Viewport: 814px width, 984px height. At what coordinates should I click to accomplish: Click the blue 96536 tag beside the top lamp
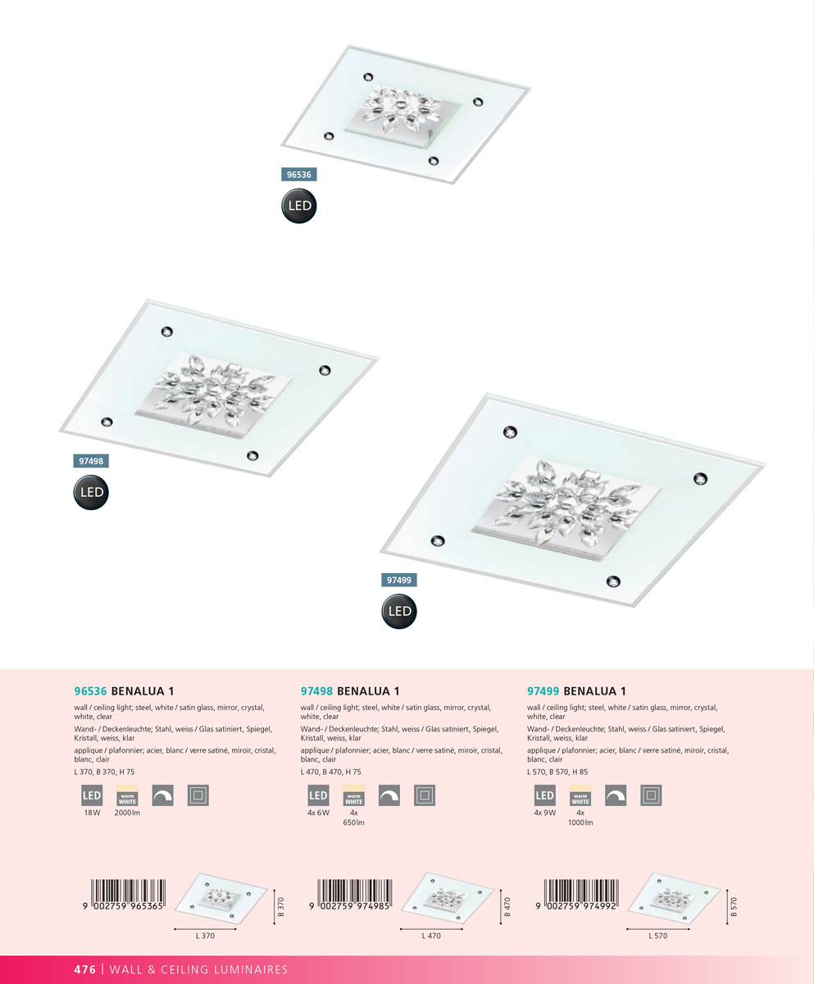(x=299, y=175)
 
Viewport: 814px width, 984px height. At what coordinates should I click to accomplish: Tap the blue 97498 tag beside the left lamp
(x=91, y=461)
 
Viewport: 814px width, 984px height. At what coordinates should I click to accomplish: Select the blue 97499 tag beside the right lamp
(x=399, y=580)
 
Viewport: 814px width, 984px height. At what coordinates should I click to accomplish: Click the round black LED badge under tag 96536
(x=299, y=206)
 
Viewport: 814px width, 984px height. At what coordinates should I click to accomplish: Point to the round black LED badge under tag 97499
(x=399, y=611)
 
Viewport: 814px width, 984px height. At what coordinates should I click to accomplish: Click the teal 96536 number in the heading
(x=90, y=691)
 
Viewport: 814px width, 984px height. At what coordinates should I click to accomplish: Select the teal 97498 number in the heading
(x=316, y=691)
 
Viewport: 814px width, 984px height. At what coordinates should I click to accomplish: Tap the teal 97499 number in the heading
(x=543, y=691)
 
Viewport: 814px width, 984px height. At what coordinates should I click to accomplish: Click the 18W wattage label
(x=93, y=813)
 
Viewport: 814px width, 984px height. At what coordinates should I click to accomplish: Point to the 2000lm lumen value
(x=127, y=813)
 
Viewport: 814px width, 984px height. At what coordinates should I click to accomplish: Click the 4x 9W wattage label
(x=545, y=813)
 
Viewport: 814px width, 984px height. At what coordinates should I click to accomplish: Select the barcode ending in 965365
(x=124, y=894)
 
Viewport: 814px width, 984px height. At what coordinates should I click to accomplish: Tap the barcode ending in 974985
(x=351, y=894)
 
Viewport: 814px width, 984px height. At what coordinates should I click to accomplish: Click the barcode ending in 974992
(x=577, y=894)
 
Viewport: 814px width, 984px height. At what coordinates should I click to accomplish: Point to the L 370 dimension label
(x=205, y=936)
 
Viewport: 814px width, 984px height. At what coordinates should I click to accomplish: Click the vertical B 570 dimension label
(x=734, y=907)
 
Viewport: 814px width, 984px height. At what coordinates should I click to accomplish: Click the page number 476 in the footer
(x=84, y=969)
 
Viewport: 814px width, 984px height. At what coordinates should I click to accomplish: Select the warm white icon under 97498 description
(x=354, y=795)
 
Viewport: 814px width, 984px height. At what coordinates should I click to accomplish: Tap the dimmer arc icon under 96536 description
(x=162, y=795)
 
